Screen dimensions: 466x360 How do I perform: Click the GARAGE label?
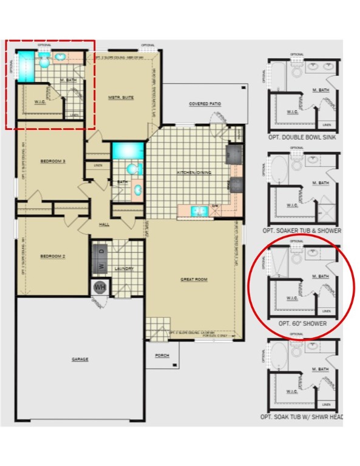[x=80, y=359]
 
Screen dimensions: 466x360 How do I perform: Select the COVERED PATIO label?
[x=205, y=104]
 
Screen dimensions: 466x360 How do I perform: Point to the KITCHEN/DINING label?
[x=192, y=173]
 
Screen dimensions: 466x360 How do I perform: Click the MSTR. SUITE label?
[x=121, y=97]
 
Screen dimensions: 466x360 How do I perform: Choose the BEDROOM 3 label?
[x=53, y=161]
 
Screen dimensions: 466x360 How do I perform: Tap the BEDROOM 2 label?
[x=53, y=256]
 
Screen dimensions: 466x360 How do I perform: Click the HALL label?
[x=104, y=225]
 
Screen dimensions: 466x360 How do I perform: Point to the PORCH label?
[x=162, y=355]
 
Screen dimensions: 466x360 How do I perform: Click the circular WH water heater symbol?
[x=100, y=287]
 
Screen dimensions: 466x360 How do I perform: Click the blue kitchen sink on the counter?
[x=198, y=211]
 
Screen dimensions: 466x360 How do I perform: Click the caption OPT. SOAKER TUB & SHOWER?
[x=302, y=231]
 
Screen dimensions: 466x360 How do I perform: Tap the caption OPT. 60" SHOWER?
[x=302, y=324]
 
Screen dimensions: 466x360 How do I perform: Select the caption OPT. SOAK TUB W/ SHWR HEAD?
[x=302, y=417]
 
